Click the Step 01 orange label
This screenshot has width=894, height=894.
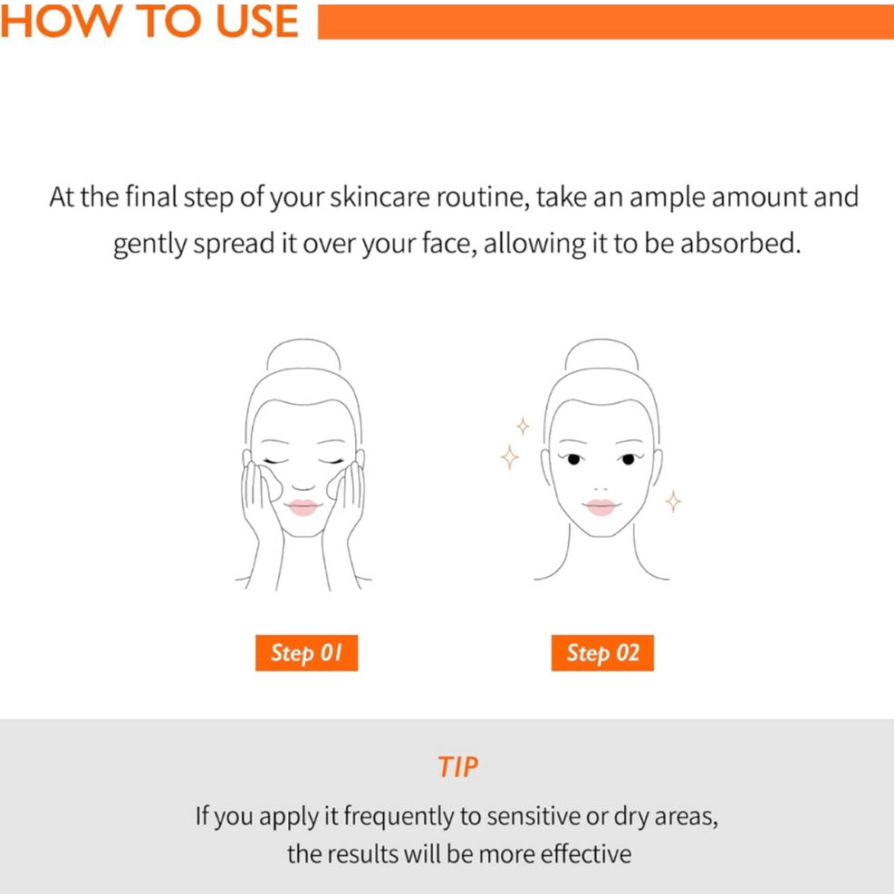(x=306, y=652)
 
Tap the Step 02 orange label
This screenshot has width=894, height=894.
(x=602, y=652)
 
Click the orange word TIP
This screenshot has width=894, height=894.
(x=457, y=767)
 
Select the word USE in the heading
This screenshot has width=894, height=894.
(x=257, y=22)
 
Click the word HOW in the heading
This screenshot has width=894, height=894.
(x=61, y=22)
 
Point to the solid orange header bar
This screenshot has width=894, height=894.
(x=605, y=22)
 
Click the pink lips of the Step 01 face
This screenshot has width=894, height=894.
(x=303, y=507)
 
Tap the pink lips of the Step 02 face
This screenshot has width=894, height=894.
(x=601, y=507)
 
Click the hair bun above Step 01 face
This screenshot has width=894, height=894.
(x=303, y=341)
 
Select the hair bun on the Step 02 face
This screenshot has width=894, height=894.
(x=601, y=341)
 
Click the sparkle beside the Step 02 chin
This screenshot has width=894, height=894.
(x=673, y=501)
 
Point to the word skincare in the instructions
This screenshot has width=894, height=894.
(x=380, y=197)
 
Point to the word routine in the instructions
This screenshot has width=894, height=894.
(x=483, y=197)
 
